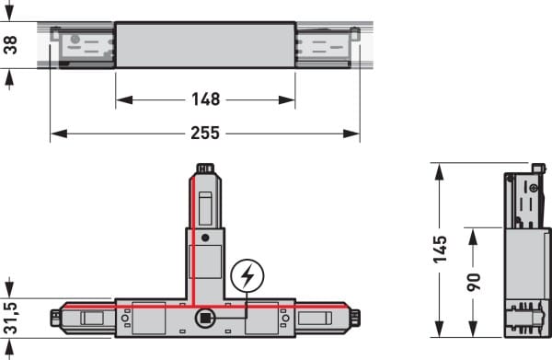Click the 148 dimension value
[205, 99]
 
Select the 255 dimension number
[205, 134]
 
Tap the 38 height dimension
[10, 45]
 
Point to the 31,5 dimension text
[10, 318]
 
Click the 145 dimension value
[440, 250]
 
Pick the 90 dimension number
[474, 282]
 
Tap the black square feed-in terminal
[205, 319]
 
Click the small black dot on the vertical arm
[205, 238]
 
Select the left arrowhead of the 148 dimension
[124, 100]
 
